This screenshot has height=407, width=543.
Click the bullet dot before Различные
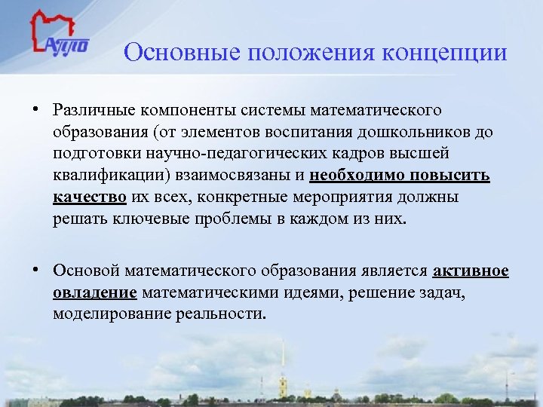[x=35, y=110]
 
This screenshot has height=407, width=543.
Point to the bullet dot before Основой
[x=35, y=270]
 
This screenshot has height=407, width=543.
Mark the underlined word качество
[x=90, y=198]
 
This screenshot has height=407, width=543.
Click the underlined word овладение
[x=95, y=292]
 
